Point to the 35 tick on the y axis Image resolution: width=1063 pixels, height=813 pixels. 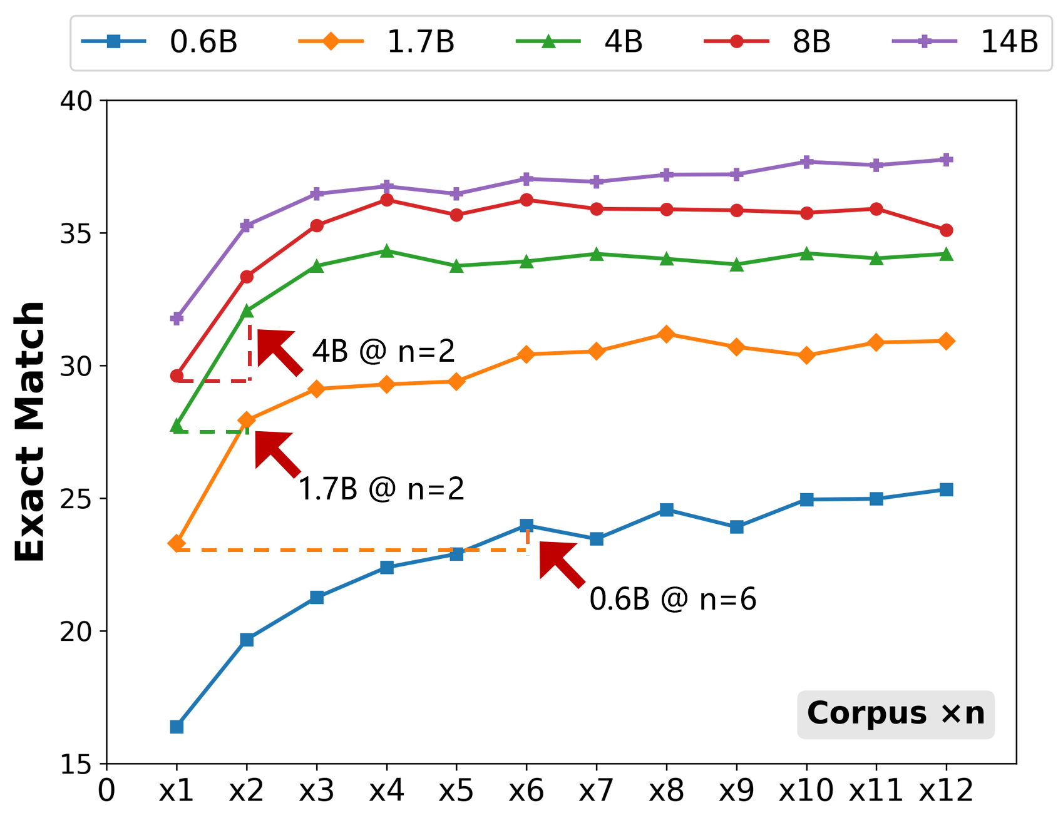click(x=76, y=233)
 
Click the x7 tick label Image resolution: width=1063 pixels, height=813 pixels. click(x=596, y=791)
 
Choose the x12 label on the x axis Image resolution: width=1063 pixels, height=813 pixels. click(x=946, y=791)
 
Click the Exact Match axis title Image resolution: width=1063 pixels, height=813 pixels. click(x=30, y=432)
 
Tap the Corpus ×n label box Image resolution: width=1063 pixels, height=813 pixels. click(x=895, y=713)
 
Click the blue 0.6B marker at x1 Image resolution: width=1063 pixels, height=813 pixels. click(x=177, y=727)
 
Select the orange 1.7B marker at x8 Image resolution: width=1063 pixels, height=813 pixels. click(x=666, y=334)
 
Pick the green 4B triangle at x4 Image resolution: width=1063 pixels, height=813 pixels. click(x=386, y=251)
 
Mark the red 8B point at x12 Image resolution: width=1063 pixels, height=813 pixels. click(x=946, y=230)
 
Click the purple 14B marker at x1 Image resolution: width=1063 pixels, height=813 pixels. click(x=177, y=319)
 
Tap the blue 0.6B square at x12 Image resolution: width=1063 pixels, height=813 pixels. click(x=946, y=489)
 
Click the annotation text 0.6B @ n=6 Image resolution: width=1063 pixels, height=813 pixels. click(x=673, y=600)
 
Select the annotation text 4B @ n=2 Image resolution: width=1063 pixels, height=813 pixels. click(x=384, y=351)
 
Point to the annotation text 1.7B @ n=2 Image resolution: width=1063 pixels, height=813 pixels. click(x=381, y=489)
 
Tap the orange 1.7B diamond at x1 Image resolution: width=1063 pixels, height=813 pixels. click(x=177, y=543)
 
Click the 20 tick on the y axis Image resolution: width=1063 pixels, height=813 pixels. click(x=76, y=631)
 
